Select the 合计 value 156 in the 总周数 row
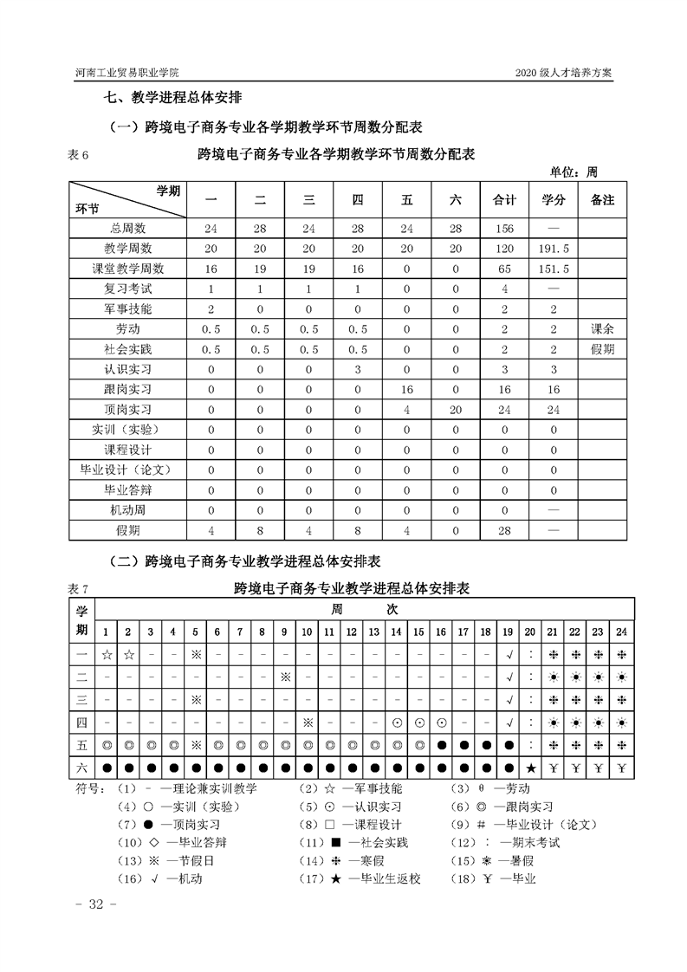pos(504,229)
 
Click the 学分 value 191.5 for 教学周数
pos(554,249)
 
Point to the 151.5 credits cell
pos(554,269)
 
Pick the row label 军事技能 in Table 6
pos(127,308)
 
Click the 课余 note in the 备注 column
pos(602,328)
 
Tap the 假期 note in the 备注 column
pos(602,348)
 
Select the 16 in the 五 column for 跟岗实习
pos(406,389)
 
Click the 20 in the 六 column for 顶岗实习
pos(456,409)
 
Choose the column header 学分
pos(554,200)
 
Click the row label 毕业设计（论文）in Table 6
pos(127,469)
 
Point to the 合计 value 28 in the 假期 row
pos(504,528)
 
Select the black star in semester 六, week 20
pos(530,768)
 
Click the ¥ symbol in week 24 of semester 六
pos(621,768)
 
